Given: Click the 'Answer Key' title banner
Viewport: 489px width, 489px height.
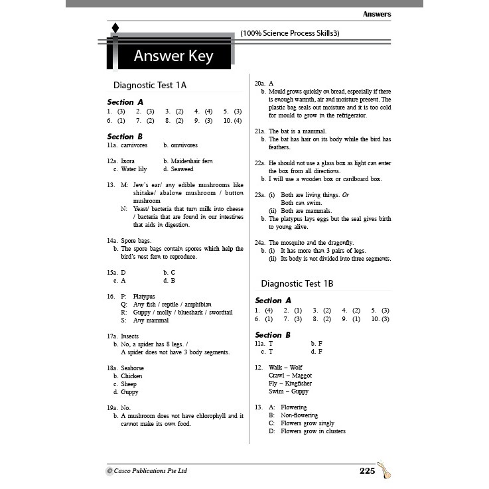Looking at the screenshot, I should (173, 56).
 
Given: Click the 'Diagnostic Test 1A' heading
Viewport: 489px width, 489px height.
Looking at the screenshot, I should (150, 85).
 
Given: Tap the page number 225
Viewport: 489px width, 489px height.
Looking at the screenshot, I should (367, 470).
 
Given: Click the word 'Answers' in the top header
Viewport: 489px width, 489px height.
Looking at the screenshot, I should (377, 14).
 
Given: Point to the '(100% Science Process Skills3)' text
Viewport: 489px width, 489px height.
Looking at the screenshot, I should (290, 33).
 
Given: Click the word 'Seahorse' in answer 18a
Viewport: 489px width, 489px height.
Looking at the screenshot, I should (132, 368).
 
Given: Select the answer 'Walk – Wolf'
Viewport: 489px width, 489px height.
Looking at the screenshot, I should (285, 367).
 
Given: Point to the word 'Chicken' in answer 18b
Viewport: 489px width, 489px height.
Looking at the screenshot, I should (131, 376).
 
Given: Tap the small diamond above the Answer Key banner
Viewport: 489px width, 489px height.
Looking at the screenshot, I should (115, 28).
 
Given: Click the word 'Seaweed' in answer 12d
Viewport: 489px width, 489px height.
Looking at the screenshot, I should (182, 169).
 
